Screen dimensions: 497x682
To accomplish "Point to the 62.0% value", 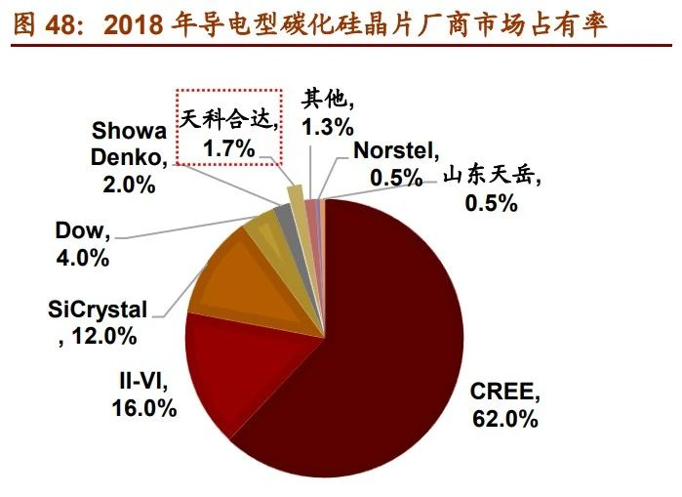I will [x=503, y=419].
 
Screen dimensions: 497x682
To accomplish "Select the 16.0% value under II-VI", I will [x=142, y=408].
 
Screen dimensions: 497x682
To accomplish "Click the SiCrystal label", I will [x=98, y=311].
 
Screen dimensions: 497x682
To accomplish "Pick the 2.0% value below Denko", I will [x=129, y=183].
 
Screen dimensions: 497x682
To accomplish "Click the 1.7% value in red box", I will [x=228, y=148].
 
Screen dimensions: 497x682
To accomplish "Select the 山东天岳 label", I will [x=491, y=178].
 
